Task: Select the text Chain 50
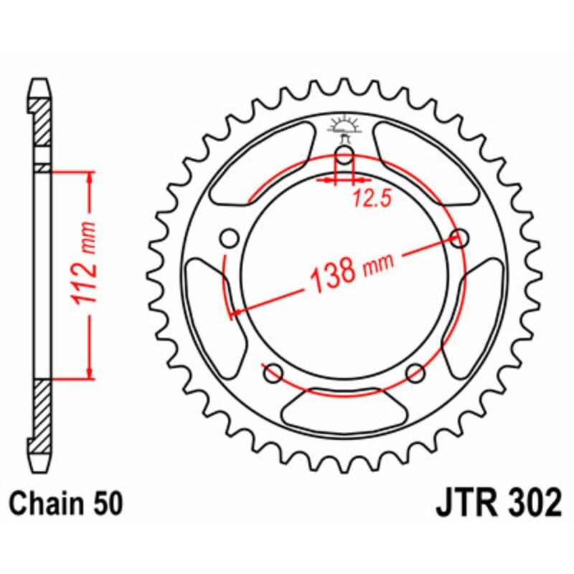click(x=67, y=503)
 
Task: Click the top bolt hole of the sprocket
click(x=344, y=156)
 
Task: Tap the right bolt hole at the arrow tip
click(x=460, y=237)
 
